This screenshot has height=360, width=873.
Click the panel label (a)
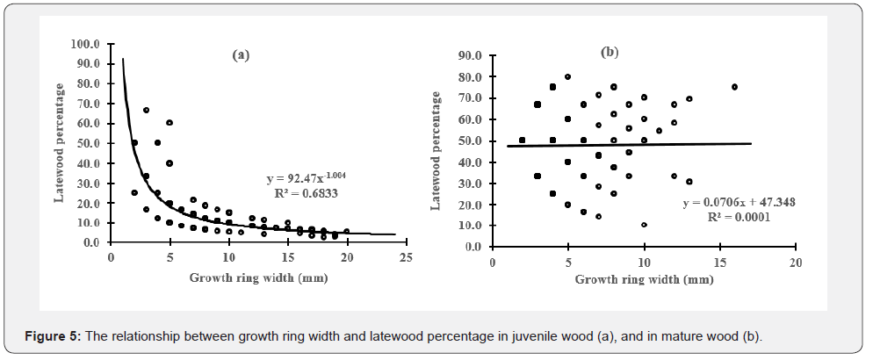click(x=241, y=54)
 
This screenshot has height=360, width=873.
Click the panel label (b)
click(x=610, y=53)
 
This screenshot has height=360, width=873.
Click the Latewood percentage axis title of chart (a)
click(x=61, y=142)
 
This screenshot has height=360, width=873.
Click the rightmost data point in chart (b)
click(x=734, y=87)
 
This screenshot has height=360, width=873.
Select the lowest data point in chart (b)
click(x=644, y=225)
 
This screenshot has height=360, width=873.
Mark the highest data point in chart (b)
click(x=568, y=76)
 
